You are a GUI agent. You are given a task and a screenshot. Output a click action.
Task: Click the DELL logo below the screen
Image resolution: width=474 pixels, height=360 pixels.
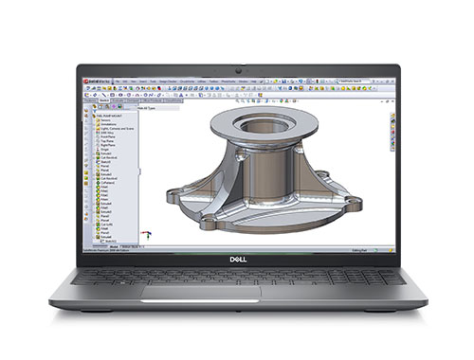click(237, 259)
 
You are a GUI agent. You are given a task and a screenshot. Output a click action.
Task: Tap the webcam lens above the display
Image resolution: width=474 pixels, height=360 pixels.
click(237, 70)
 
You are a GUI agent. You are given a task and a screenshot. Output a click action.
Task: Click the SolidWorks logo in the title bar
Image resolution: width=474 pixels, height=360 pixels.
click(94, 82)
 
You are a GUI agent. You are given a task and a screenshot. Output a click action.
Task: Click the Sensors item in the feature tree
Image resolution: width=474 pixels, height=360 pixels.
click(105, 120)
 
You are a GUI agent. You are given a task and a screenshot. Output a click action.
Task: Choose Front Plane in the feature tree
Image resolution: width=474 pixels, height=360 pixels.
click(107, 135)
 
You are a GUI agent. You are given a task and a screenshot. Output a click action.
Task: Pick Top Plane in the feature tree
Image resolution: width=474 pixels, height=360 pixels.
click(106, 140)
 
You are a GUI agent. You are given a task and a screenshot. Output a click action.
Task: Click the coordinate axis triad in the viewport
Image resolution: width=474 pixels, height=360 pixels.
click(144, 233)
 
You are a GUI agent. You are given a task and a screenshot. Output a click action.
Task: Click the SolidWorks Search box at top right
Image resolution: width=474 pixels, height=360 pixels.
click(365, 82)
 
